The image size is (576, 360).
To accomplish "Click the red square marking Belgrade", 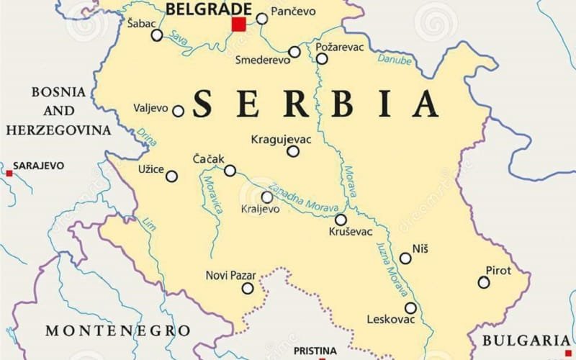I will [238, 24].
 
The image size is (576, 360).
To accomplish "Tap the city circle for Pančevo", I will [262, 19].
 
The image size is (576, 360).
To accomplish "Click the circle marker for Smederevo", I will [294, 52].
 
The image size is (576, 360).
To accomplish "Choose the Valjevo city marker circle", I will [178, 111].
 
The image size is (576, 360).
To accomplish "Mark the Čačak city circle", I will [230, 171].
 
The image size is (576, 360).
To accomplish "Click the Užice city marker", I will [171, 176].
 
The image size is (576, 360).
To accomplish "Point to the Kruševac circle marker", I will [341, 220].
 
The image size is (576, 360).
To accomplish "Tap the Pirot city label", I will [498, 270].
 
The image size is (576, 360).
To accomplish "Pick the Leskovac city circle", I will [410, 308].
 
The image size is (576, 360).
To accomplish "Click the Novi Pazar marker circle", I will [248, 288].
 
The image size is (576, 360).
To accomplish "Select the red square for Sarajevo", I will [9, 174].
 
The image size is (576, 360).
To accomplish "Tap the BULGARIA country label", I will [526, 341].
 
